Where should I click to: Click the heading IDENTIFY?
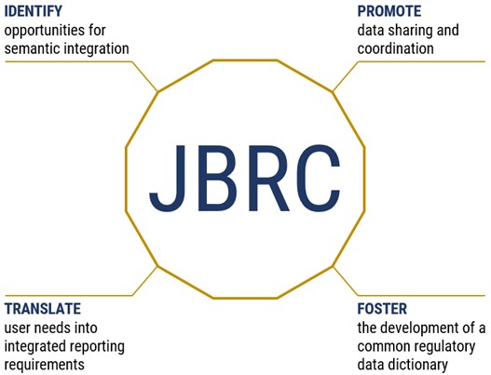[34, 11]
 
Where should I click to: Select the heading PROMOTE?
[389, 11]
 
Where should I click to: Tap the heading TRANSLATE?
[43, 308]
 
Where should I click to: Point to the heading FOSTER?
[382, 308]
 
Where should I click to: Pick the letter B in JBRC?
[219, 179]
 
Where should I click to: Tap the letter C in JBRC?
[318, 179]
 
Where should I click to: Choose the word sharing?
[410, 32]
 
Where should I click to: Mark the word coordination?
[395, 49]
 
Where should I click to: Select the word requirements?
[44, 365]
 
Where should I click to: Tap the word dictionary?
[418, 365]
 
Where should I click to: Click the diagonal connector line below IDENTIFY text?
[145, 76]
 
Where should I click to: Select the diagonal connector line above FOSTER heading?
[345, 280]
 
